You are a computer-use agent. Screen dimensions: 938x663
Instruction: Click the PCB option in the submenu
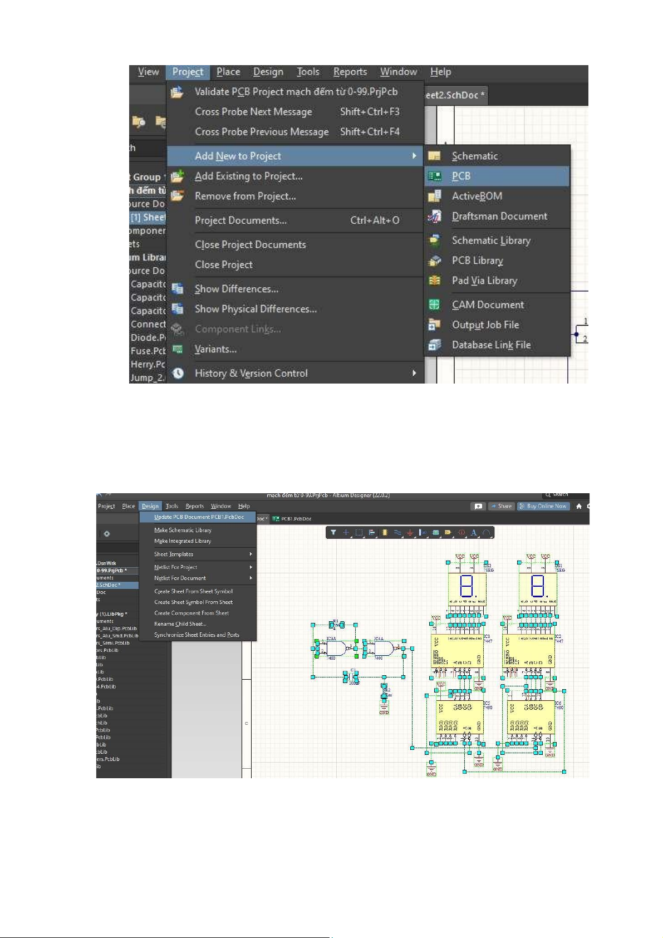[461, 176]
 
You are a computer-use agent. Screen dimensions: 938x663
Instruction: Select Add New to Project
[238, 156]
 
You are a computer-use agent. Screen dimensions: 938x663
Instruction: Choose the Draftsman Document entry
[499, 217]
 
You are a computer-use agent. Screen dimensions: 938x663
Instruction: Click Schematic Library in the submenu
[490, 240]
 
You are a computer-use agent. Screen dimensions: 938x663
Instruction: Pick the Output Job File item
[485, 325]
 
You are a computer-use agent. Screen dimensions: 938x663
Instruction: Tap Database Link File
[490, 345]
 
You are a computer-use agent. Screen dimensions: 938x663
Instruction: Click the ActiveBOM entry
[477, 197]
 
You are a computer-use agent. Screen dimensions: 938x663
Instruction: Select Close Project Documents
[250, 245]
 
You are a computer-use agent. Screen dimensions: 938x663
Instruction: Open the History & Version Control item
[251, 374]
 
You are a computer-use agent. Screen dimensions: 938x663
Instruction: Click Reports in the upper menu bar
[350, 72]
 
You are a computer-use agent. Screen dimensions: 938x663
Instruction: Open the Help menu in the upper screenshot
[440, 72]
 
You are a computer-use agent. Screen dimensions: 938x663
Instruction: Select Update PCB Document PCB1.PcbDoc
[199, 517]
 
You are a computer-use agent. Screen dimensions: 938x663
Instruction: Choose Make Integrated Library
[182, 541]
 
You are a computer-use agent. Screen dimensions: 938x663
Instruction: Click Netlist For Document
[180, 578]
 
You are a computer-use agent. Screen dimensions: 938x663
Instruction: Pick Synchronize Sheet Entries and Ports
[197, 635]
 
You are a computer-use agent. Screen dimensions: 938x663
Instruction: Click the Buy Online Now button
[543, 507]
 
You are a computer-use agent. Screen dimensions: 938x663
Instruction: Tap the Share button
[501, 507]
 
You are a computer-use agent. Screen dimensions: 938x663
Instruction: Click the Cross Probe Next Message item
[253, 112]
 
